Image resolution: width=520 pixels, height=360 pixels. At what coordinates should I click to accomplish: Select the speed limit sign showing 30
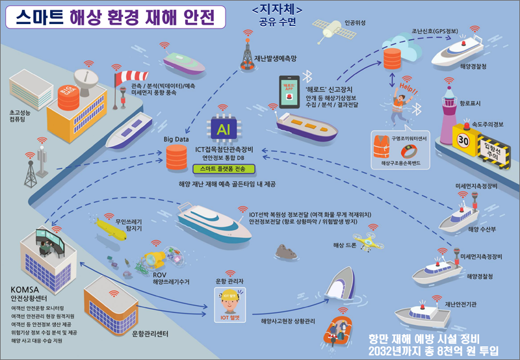click(x=462, y=140)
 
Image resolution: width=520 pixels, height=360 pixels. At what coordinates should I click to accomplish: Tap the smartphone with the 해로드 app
click(x=288, y=93)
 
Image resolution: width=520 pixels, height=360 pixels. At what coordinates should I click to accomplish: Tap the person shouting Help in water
click(x=403, y=101)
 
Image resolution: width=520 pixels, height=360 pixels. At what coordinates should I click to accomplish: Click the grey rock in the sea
click(x=284, y=251)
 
